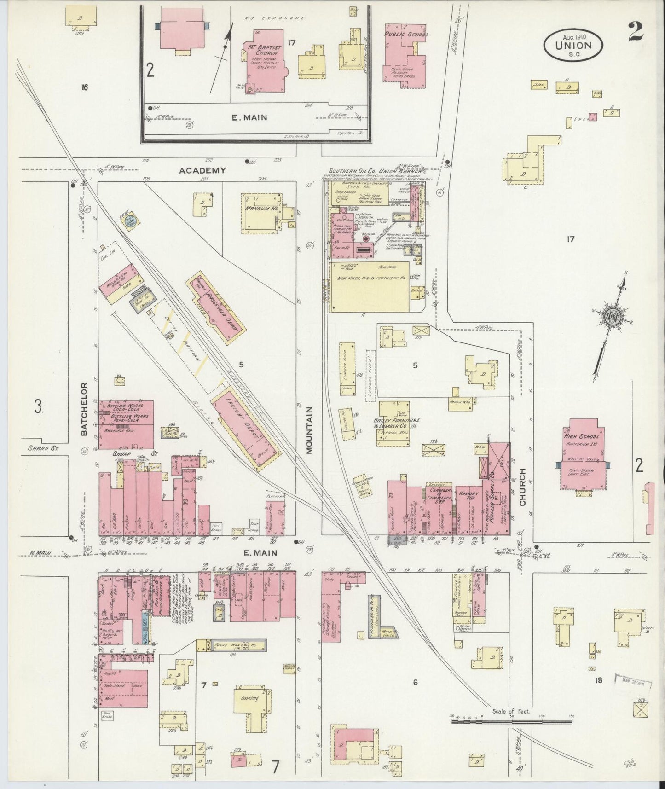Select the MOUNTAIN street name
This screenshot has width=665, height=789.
(309, 430)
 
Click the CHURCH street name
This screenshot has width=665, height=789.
(522, 487)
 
